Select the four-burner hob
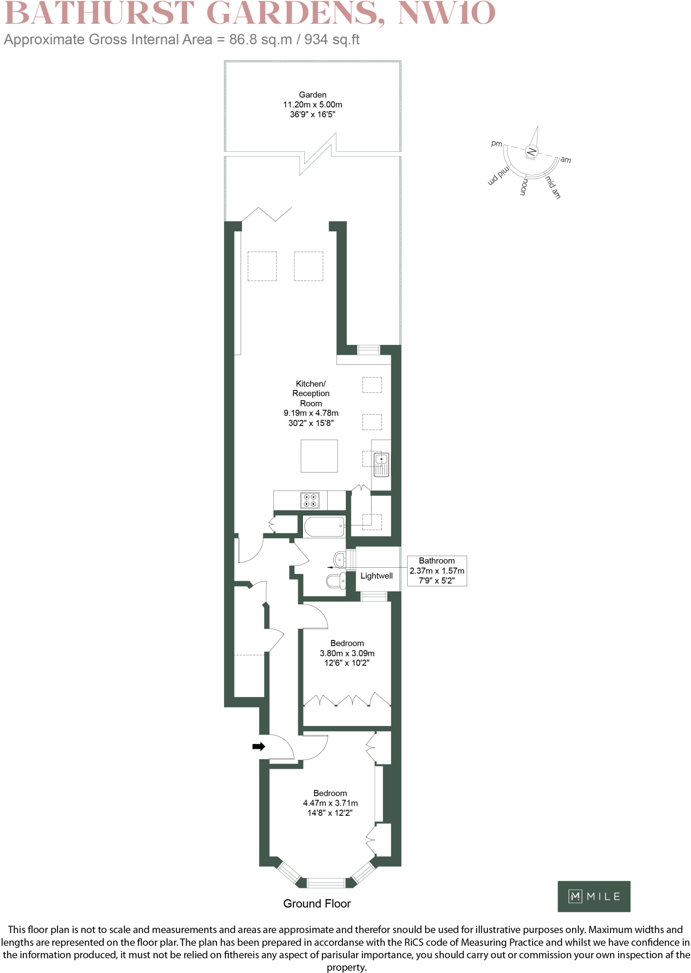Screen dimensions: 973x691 (310, 500)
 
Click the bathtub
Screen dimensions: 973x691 (324, 526)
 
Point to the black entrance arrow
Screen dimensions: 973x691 (258, 746)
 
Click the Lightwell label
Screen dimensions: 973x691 (377, 576)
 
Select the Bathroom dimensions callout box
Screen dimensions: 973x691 (437, 571)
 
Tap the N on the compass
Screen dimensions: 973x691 (532, 152)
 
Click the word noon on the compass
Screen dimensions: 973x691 (524, 187)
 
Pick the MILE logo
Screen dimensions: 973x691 (594, 897)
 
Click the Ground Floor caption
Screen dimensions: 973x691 (317, 904)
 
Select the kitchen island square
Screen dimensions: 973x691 (319, 456)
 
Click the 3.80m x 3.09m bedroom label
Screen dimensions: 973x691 (347, 653)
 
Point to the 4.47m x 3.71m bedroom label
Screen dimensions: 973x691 (330, 803)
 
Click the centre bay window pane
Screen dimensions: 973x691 (326, 883)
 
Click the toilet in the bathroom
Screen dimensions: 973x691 (337, 580)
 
